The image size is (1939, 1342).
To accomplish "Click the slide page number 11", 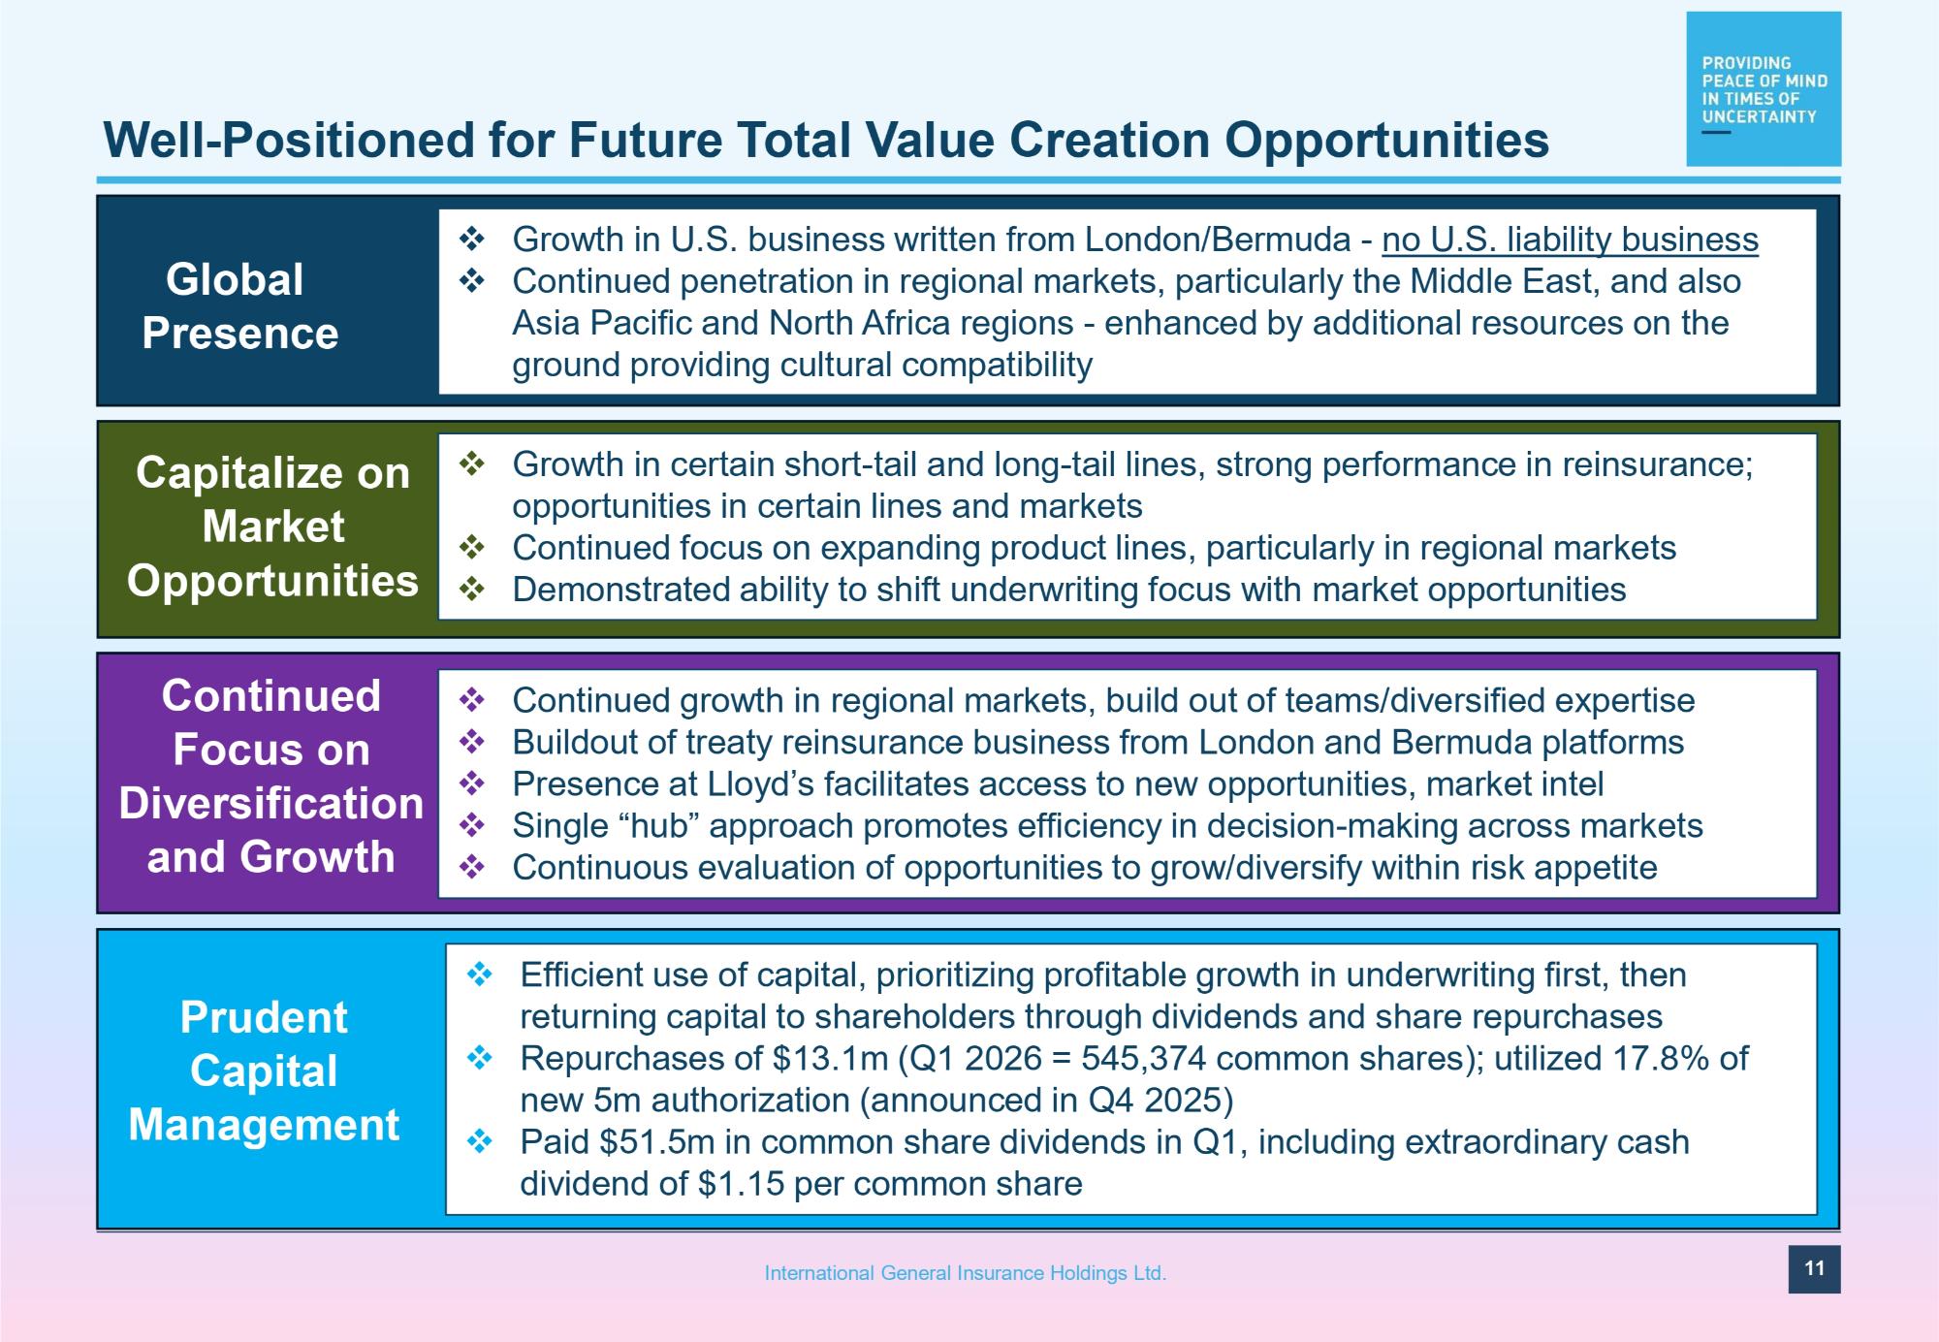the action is (1814, 1268).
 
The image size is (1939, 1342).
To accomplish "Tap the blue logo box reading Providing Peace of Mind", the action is (1764, 88).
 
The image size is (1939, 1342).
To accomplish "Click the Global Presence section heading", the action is (239, 306).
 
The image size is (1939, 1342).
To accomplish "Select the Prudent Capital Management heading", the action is (264, 1070).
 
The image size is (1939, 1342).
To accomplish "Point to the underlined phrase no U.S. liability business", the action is (1570, 240).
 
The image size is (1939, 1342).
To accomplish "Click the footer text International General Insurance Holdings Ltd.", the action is (966, 1273).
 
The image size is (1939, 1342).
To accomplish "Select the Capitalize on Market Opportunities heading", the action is (272, 527).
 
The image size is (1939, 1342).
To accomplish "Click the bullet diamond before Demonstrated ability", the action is (472, 589).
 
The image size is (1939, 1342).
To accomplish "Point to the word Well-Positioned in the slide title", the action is (288, 140).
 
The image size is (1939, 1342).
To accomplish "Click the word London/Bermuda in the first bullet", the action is (1218, 240).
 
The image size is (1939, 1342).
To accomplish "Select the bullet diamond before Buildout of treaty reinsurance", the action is (472, 742).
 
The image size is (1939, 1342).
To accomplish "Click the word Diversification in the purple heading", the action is (271, 804).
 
